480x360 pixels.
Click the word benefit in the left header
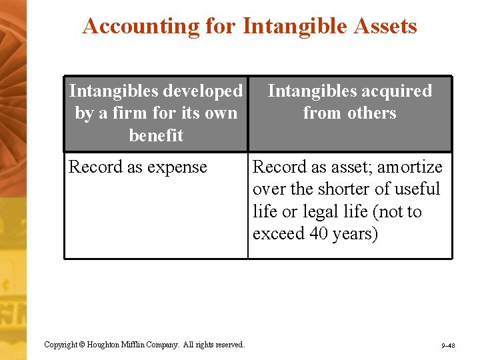pos(156,135)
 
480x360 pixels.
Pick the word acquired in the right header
pos(392,91)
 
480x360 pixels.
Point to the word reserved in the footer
pos(229,345)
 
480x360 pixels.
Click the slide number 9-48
pos(447,346)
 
